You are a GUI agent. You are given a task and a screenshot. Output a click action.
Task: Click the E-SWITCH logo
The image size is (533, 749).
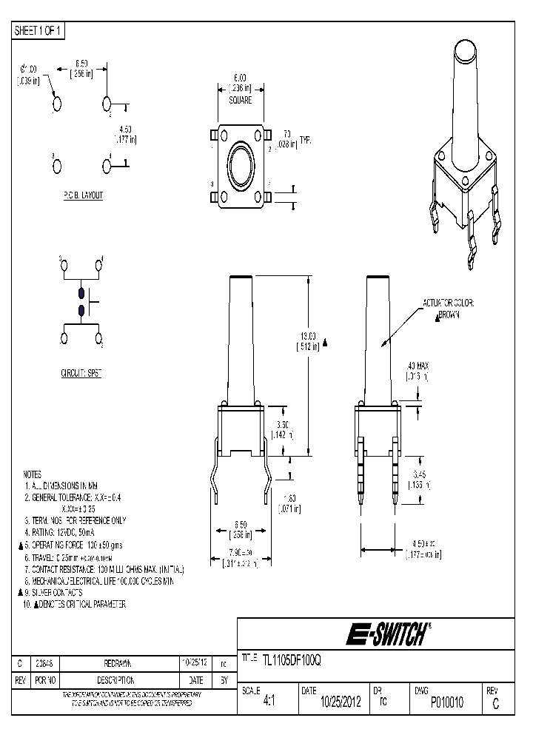click(x=386, y=634)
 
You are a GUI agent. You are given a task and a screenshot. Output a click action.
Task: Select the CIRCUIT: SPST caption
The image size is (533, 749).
click(x=81, y=375)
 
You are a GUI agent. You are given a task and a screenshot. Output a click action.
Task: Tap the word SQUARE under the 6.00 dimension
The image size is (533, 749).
click(x=241, y=98)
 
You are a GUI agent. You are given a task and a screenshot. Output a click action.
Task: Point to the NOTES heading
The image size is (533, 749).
click(x=33, y=474)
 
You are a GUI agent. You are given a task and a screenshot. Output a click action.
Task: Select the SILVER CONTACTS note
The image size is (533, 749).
click(x=56, y=593)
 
